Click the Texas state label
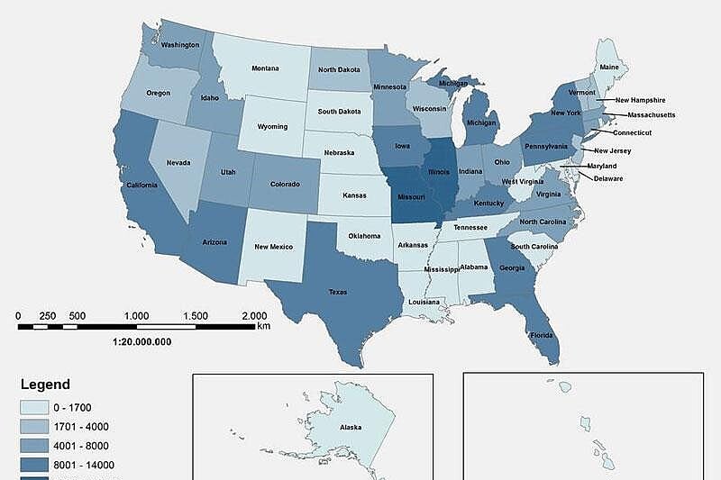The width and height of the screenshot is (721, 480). click(337, 292)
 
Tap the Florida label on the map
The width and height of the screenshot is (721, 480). click(542, 334)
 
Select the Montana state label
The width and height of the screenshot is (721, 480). click(265, 68)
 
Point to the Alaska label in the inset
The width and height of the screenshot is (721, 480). click(351, 430)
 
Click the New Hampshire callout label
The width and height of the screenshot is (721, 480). click(640, 100)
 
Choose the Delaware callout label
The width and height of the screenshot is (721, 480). click(607, 178)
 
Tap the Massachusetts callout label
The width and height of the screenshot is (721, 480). click(651, 115)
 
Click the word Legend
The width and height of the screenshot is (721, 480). click(45, 385)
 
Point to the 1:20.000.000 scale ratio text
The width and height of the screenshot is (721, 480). click(141, 341)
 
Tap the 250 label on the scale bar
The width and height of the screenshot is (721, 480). click(48, 316)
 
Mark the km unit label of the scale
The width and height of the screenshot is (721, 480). click(263, 326)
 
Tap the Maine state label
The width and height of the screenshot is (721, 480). click(610, 66)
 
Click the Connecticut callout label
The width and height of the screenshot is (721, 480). click(632, 132)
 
